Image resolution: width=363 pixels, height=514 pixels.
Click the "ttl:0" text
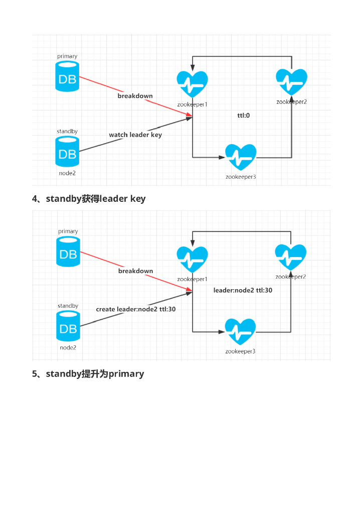[x=244, y=115]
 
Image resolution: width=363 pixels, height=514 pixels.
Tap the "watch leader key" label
[x=135, y=135]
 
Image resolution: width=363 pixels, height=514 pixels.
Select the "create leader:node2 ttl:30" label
[x=136, y=309]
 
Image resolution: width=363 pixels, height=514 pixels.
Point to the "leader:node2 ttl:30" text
[x=243, y=290]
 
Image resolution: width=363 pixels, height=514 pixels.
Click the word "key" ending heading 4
[x=138, y=199]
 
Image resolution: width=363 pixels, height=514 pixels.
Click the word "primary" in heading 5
[x=126, y=374]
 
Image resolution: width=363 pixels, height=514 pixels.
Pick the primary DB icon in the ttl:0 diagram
[x=67, y=77]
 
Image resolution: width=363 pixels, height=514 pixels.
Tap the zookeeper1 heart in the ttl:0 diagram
[x=192, y=84]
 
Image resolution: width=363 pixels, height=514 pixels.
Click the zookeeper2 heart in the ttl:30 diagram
[x=291, y=258]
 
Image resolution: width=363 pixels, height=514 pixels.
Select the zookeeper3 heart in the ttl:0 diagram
[x=241, y=158]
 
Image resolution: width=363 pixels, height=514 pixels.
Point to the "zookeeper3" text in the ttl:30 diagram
[x=240, y=351]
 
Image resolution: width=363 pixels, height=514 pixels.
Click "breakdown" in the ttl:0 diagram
[x=135, y=96]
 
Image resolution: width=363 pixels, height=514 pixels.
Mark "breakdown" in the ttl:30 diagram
[x=135, y=271]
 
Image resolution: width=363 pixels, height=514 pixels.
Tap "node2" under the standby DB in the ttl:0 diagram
[x=67, y=173]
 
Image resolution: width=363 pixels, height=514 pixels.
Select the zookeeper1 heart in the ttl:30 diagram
[x=192, y=260]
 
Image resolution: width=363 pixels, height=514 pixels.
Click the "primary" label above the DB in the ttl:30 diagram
[x=68, y=231]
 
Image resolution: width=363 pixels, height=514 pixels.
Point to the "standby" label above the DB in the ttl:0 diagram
[x=67, y=132]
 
